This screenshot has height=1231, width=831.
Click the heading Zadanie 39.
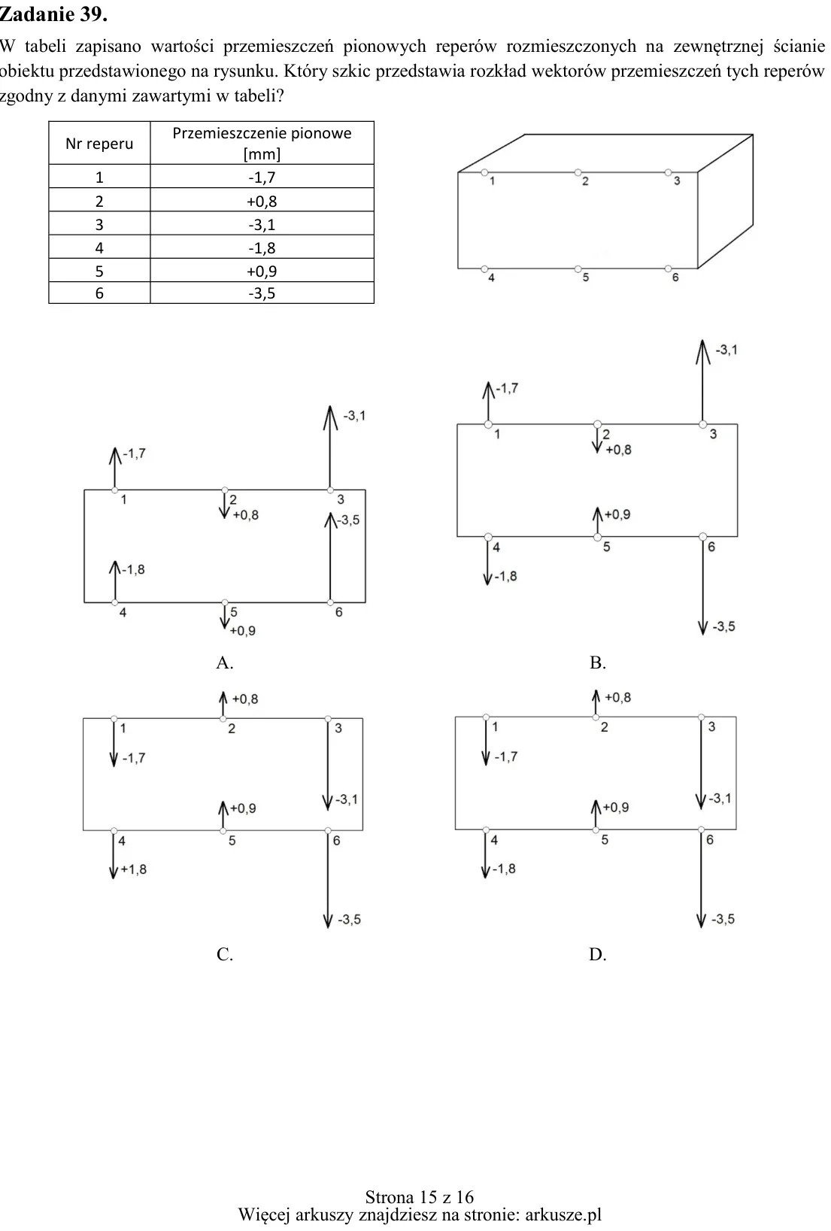coord(53,14)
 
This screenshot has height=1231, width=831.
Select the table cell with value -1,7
coord(262,177)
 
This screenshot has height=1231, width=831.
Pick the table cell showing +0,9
coord(262,271)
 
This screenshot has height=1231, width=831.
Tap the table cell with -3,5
coord(262,293)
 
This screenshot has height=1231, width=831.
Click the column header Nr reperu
coord(99,144)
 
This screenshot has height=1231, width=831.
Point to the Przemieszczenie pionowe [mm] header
coord(262,144)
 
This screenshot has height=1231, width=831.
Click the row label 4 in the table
coord(99,248)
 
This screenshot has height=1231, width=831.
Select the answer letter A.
coord(224,662)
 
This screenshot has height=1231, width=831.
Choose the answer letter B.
coord(597,662)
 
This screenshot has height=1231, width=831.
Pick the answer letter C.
coord(224,954)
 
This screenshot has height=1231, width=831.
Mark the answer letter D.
coord(597,954)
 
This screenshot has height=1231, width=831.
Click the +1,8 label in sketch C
coord(134,869)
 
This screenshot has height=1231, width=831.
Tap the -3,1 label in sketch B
coord(726,350)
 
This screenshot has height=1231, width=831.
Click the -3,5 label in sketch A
coord(348,520)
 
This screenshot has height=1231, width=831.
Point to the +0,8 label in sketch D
coord(617,697)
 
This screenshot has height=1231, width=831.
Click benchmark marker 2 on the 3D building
coord(578,172)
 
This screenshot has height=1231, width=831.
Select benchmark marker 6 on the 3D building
coord(668,268)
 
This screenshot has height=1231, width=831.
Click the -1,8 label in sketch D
coord(504,869)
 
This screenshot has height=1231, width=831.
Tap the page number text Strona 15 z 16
coord(420,1197)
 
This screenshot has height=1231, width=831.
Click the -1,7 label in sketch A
coord(134,453)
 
